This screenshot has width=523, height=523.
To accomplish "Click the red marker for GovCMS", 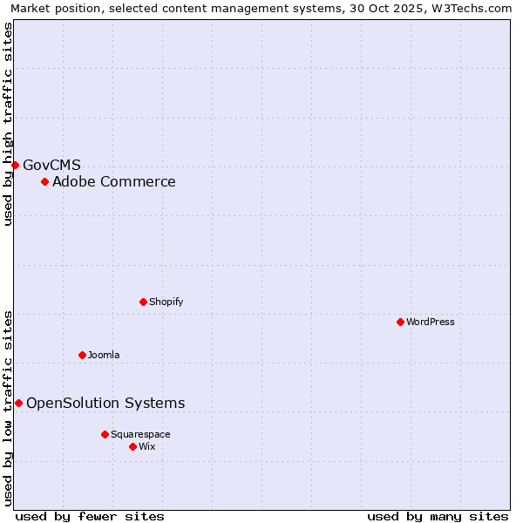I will [x=15, y=165].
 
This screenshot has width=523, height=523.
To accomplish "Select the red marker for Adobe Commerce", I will [x=44, y=181].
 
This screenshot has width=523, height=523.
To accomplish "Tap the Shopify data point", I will [x=143, y=302].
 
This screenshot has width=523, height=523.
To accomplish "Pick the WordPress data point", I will [x=400, y=322].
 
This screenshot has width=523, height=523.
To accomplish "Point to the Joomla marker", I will [x=82, y=355].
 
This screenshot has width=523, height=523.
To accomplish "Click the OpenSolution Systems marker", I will [x=18, y=403].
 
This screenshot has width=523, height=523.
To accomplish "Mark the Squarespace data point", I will [x=105, y=434].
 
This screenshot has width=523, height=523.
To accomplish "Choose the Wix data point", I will [x=132, y=446].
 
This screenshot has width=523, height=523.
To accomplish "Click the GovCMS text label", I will [x=51, y=165].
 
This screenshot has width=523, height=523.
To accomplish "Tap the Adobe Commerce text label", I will [x=113, y=181].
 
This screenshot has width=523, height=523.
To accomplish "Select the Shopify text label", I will [x=166, y=302].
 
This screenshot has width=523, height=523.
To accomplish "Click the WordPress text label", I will [x=431, y=322].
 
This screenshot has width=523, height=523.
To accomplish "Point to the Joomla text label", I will [x=104, y=355].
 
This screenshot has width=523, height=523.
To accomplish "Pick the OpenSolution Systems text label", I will [x=105, y=403].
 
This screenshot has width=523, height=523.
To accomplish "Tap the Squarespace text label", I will [x=140, y=434].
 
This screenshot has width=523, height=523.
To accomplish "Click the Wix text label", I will [x=147, y=446].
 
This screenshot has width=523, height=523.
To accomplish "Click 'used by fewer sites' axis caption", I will [x=90, y=516].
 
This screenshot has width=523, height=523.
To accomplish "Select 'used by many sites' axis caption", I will [x=438, y=516].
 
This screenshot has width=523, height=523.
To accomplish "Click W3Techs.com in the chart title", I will [x=475, y=8].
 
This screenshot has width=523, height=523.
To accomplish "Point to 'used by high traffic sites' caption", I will [x=9, y=124].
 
